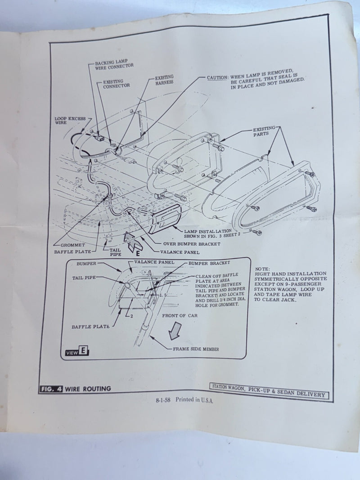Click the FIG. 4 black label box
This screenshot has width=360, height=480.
coord(51,389)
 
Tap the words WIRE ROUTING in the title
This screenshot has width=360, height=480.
coord(88,389)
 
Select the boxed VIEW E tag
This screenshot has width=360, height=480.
coord(77,351)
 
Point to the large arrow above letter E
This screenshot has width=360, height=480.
coord(132,241)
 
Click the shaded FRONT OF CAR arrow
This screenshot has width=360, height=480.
coord(175,331)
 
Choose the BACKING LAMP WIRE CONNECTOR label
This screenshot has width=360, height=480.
coord(114,65)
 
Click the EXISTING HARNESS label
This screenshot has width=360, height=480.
coord(164,80)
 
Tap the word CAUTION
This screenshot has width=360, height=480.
coord(217,77)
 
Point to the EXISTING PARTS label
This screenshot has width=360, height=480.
coord(264,131)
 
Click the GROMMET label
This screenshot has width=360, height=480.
coord(72,245)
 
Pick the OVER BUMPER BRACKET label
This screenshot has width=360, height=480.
coord(192,244)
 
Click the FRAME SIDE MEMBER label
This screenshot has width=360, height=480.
coord(196,349)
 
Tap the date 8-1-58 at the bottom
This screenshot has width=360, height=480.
coord(163,400)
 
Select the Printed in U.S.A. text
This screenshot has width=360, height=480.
coord(194,400)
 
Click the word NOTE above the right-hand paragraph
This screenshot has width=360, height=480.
coord(262,269)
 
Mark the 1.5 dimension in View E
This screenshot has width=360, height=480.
coord(163,295)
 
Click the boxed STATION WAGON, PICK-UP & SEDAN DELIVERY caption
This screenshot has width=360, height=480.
coord(269,390)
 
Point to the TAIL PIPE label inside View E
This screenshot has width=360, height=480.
coord(84,278)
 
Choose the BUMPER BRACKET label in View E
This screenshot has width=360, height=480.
coord(209,263)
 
